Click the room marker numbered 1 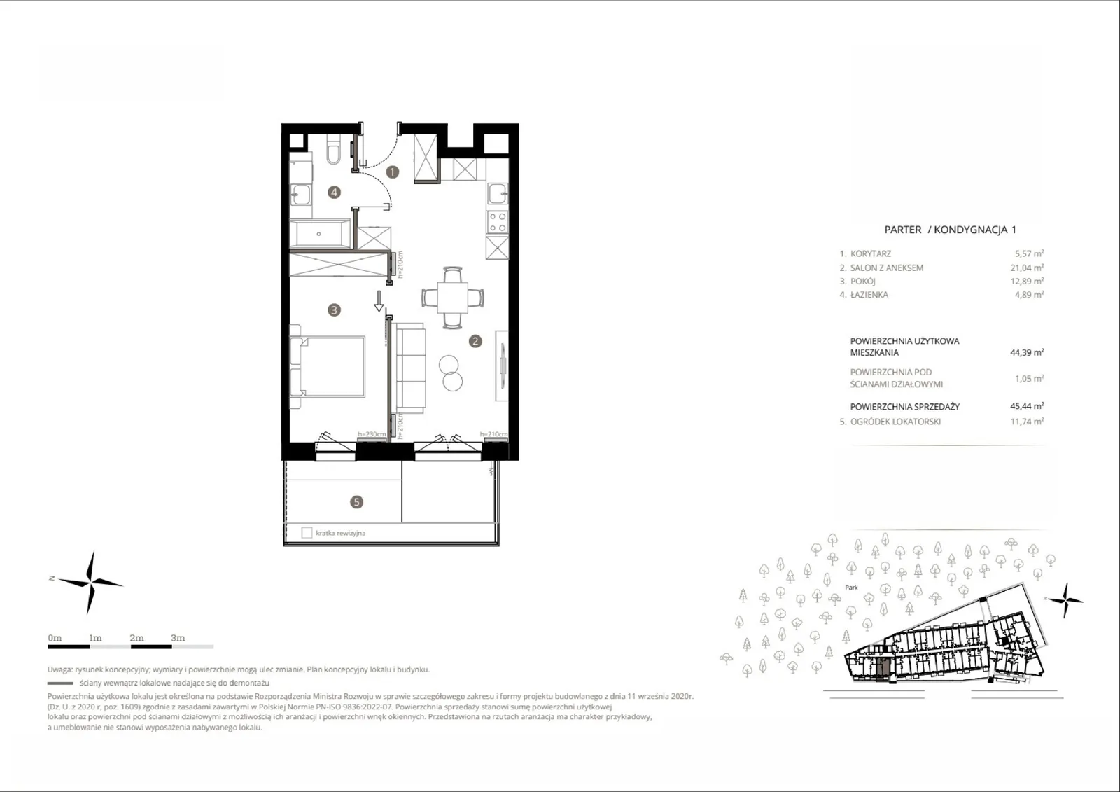[x=393, y=172]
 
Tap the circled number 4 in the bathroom [x=334, y=192]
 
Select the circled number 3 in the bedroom [x=334, y=310]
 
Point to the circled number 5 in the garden [x=356, y=502]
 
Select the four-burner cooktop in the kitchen [x=498, y=223]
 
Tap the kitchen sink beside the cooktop [x=498, y=193]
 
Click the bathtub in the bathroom [x=321, y=234]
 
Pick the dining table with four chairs [x=452, y=298]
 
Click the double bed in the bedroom [x=328, y=366]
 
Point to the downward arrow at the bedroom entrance [x=379, y=301]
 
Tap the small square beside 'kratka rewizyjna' [x=307, y=533]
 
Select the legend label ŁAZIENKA [x=869, y=295]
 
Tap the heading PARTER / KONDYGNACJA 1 [x=950, y=230]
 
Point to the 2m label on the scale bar [x=136, y=638]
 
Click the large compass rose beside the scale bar [x=90, y=583]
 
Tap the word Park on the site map [x=851, y=588]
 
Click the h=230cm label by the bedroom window [x=372, y=434]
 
